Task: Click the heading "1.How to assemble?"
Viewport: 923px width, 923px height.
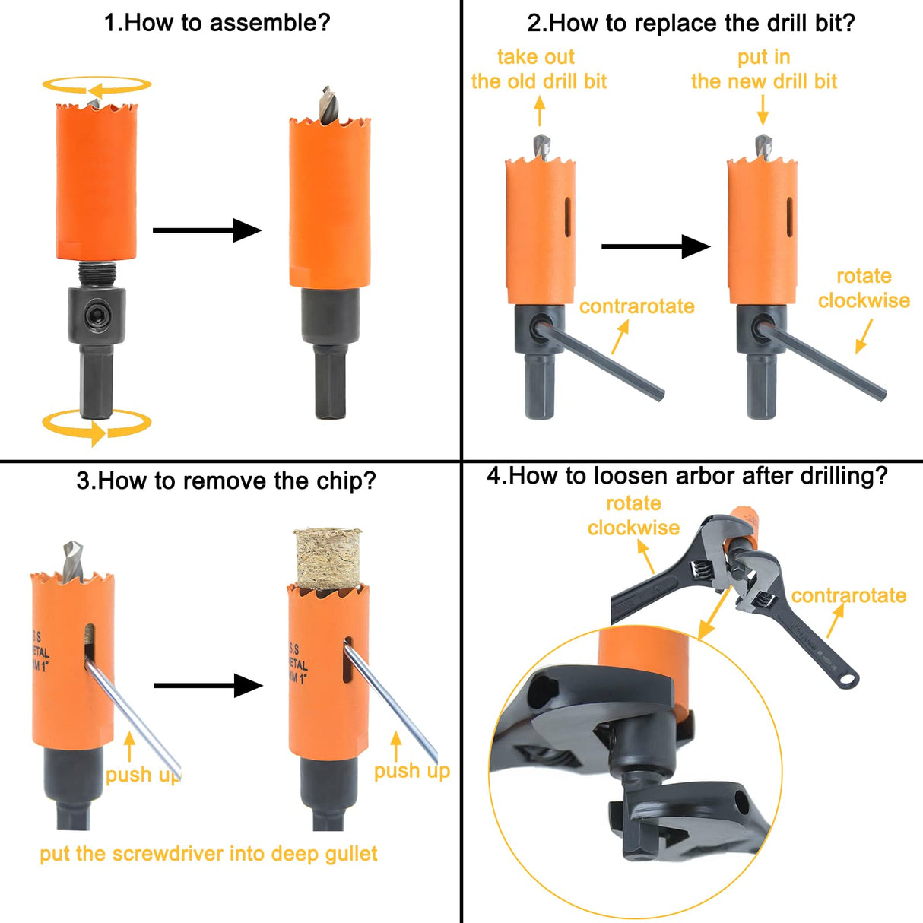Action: (217, 23)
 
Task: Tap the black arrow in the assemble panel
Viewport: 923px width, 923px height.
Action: (207, 230)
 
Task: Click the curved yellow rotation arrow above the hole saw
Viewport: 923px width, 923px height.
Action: (97, 86)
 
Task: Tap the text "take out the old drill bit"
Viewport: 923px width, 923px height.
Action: (538, 69)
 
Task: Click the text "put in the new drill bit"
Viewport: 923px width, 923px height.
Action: (763, 69)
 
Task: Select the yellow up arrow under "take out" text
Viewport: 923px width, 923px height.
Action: (540, 112)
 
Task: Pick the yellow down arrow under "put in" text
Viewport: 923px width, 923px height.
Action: (763, 113)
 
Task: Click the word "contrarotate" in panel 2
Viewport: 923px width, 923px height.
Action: (636, 306)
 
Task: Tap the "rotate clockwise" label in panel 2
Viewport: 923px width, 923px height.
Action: (863, 288)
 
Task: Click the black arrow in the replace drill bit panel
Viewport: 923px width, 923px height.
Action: (655, 246)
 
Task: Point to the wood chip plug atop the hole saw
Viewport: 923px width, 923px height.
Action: (328, 559)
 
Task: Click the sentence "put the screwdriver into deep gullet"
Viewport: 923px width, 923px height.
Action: (208, 854)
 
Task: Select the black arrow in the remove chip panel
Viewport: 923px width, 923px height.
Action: (208, 686)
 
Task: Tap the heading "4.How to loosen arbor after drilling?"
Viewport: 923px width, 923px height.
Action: (687, 476)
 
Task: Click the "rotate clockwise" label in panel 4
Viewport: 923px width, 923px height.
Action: (633, 515)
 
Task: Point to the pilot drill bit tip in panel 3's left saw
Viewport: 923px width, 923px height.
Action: (71, 550)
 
